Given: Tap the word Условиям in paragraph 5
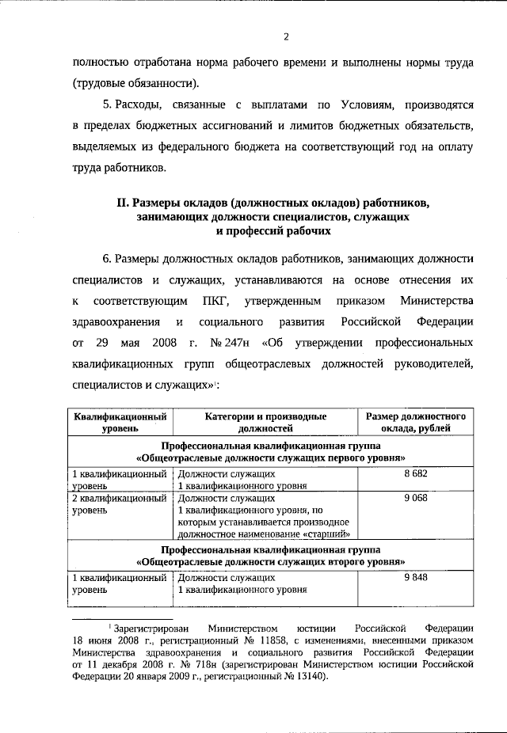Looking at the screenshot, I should [x=349, y=104].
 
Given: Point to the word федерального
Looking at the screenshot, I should [x=226, y=146].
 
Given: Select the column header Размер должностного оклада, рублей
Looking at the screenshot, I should [x=415, y=422].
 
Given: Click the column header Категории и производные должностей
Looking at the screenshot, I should [x=266, y=422].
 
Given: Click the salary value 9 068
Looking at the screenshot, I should [x=415, y=499].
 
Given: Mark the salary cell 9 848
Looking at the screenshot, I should [x=415, y=578].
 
